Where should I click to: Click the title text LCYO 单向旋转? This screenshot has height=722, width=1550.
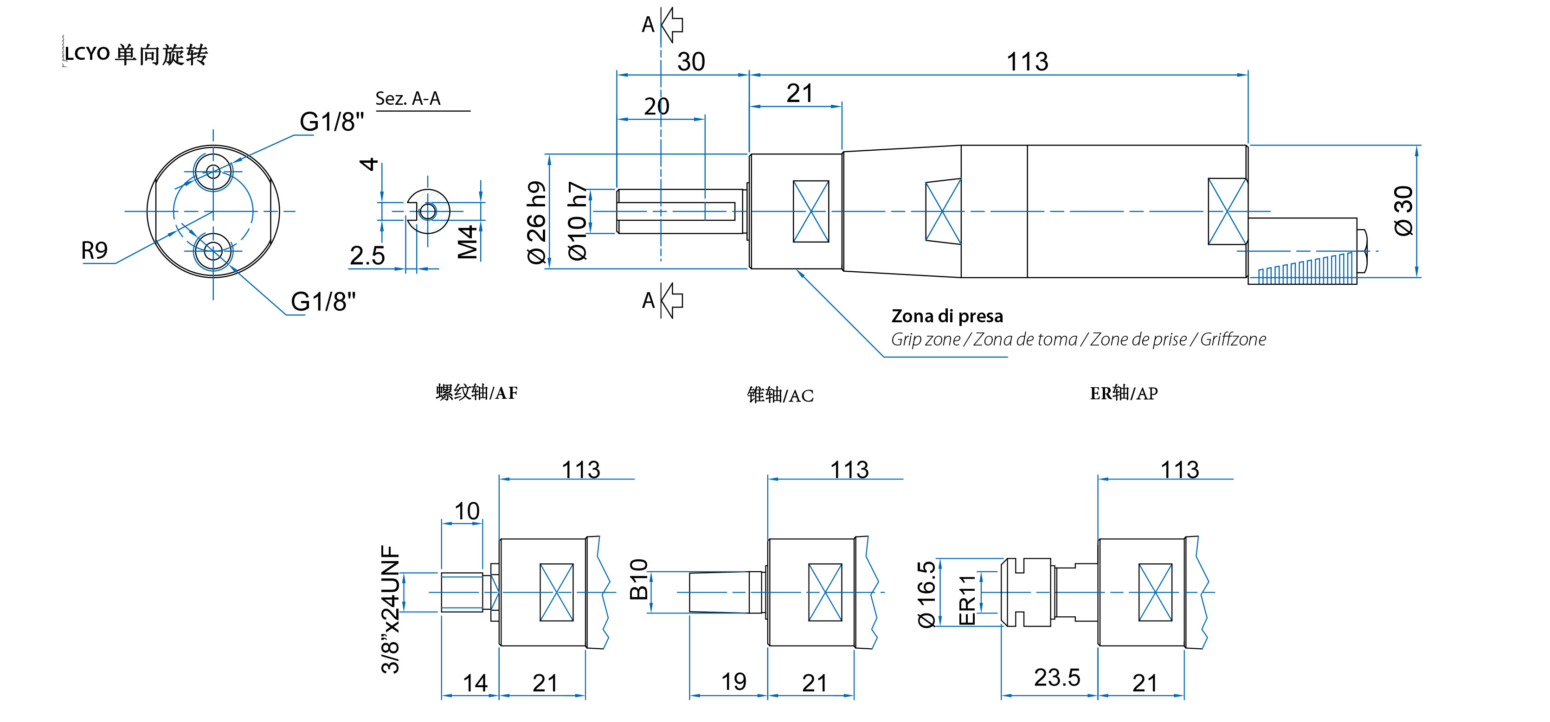pyautogui.click(x=136, y=54)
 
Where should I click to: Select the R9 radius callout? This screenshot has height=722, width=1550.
pyautogui.click(x=95, y=250)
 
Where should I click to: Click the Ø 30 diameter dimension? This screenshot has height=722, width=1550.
pyautogui.click(x=1403, y=211)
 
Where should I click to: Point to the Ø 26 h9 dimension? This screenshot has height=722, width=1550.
pyautogui.click(x=536, y=222)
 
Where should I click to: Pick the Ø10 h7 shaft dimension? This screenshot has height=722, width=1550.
pyautogui.click(x=577, y=221)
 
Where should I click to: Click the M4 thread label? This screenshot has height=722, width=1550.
pyautogui.click(x=468, y=242)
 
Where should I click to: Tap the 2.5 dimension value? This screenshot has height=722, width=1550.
pyautogui.click(x=367, y=256)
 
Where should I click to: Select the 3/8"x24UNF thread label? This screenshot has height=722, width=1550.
pyautogui.click(x=391, y=609)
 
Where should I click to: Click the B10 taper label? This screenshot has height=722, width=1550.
pyautogui.click(x=638, y=579)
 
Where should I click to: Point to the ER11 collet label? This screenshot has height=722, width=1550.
pyautogui.click(x=966, y=600)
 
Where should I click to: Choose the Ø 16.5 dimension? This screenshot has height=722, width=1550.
pyautogui.click(x=926, y=594)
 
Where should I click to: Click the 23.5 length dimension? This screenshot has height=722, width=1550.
pyautogui.click(x=1056, y=677)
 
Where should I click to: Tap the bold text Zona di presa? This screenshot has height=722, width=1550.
pyautogui.click(x=946, y=316)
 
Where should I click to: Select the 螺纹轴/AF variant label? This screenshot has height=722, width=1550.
pyautogui.click(x=476, y=393)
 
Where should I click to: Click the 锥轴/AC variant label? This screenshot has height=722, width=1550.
pyautogui.click(x=780, y=395)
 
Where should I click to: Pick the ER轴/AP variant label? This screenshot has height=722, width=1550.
pyautogui.click(x=1123, y=393)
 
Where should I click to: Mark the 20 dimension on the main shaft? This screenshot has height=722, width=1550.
pyautogui.click(x=656, y=107)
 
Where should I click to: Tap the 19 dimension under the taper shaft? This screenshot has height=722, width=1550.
pyautogui.click(x=733, y=682)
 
